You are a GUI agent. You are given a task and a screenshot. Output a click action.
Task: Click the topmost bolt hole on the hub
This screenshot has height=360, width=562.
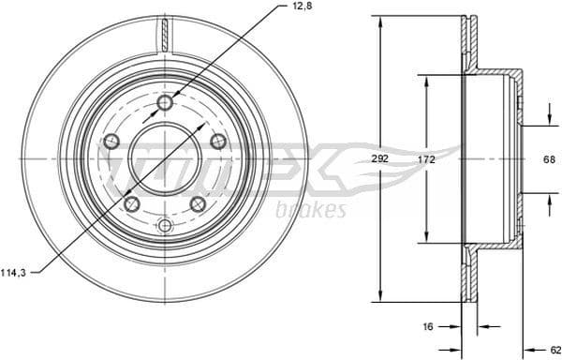coord(165,102)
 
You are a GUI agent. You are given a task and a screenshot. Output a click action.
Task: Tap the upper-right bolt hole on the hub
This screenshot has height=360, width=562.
coord(217,141)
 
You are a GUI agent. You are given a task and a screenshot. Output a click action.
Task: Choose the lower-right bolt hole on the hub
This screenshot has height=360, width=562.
coord(198,203)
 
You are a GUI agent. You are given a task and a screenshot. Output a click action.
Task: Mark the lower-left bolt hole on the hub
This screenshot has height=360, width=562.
coord(132,203)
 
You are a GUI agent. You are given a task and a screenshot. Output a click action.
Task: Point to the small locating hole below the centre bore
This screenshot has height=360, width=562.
coord(165,225)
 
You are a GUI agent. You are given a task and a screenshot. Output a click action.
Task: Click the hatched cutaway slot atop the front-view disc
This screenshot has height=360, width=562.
coord(165,34)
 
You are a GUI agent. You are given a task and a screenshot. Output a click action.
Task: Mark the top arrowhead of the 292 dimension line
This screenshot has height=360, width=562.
coord(380,20)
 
